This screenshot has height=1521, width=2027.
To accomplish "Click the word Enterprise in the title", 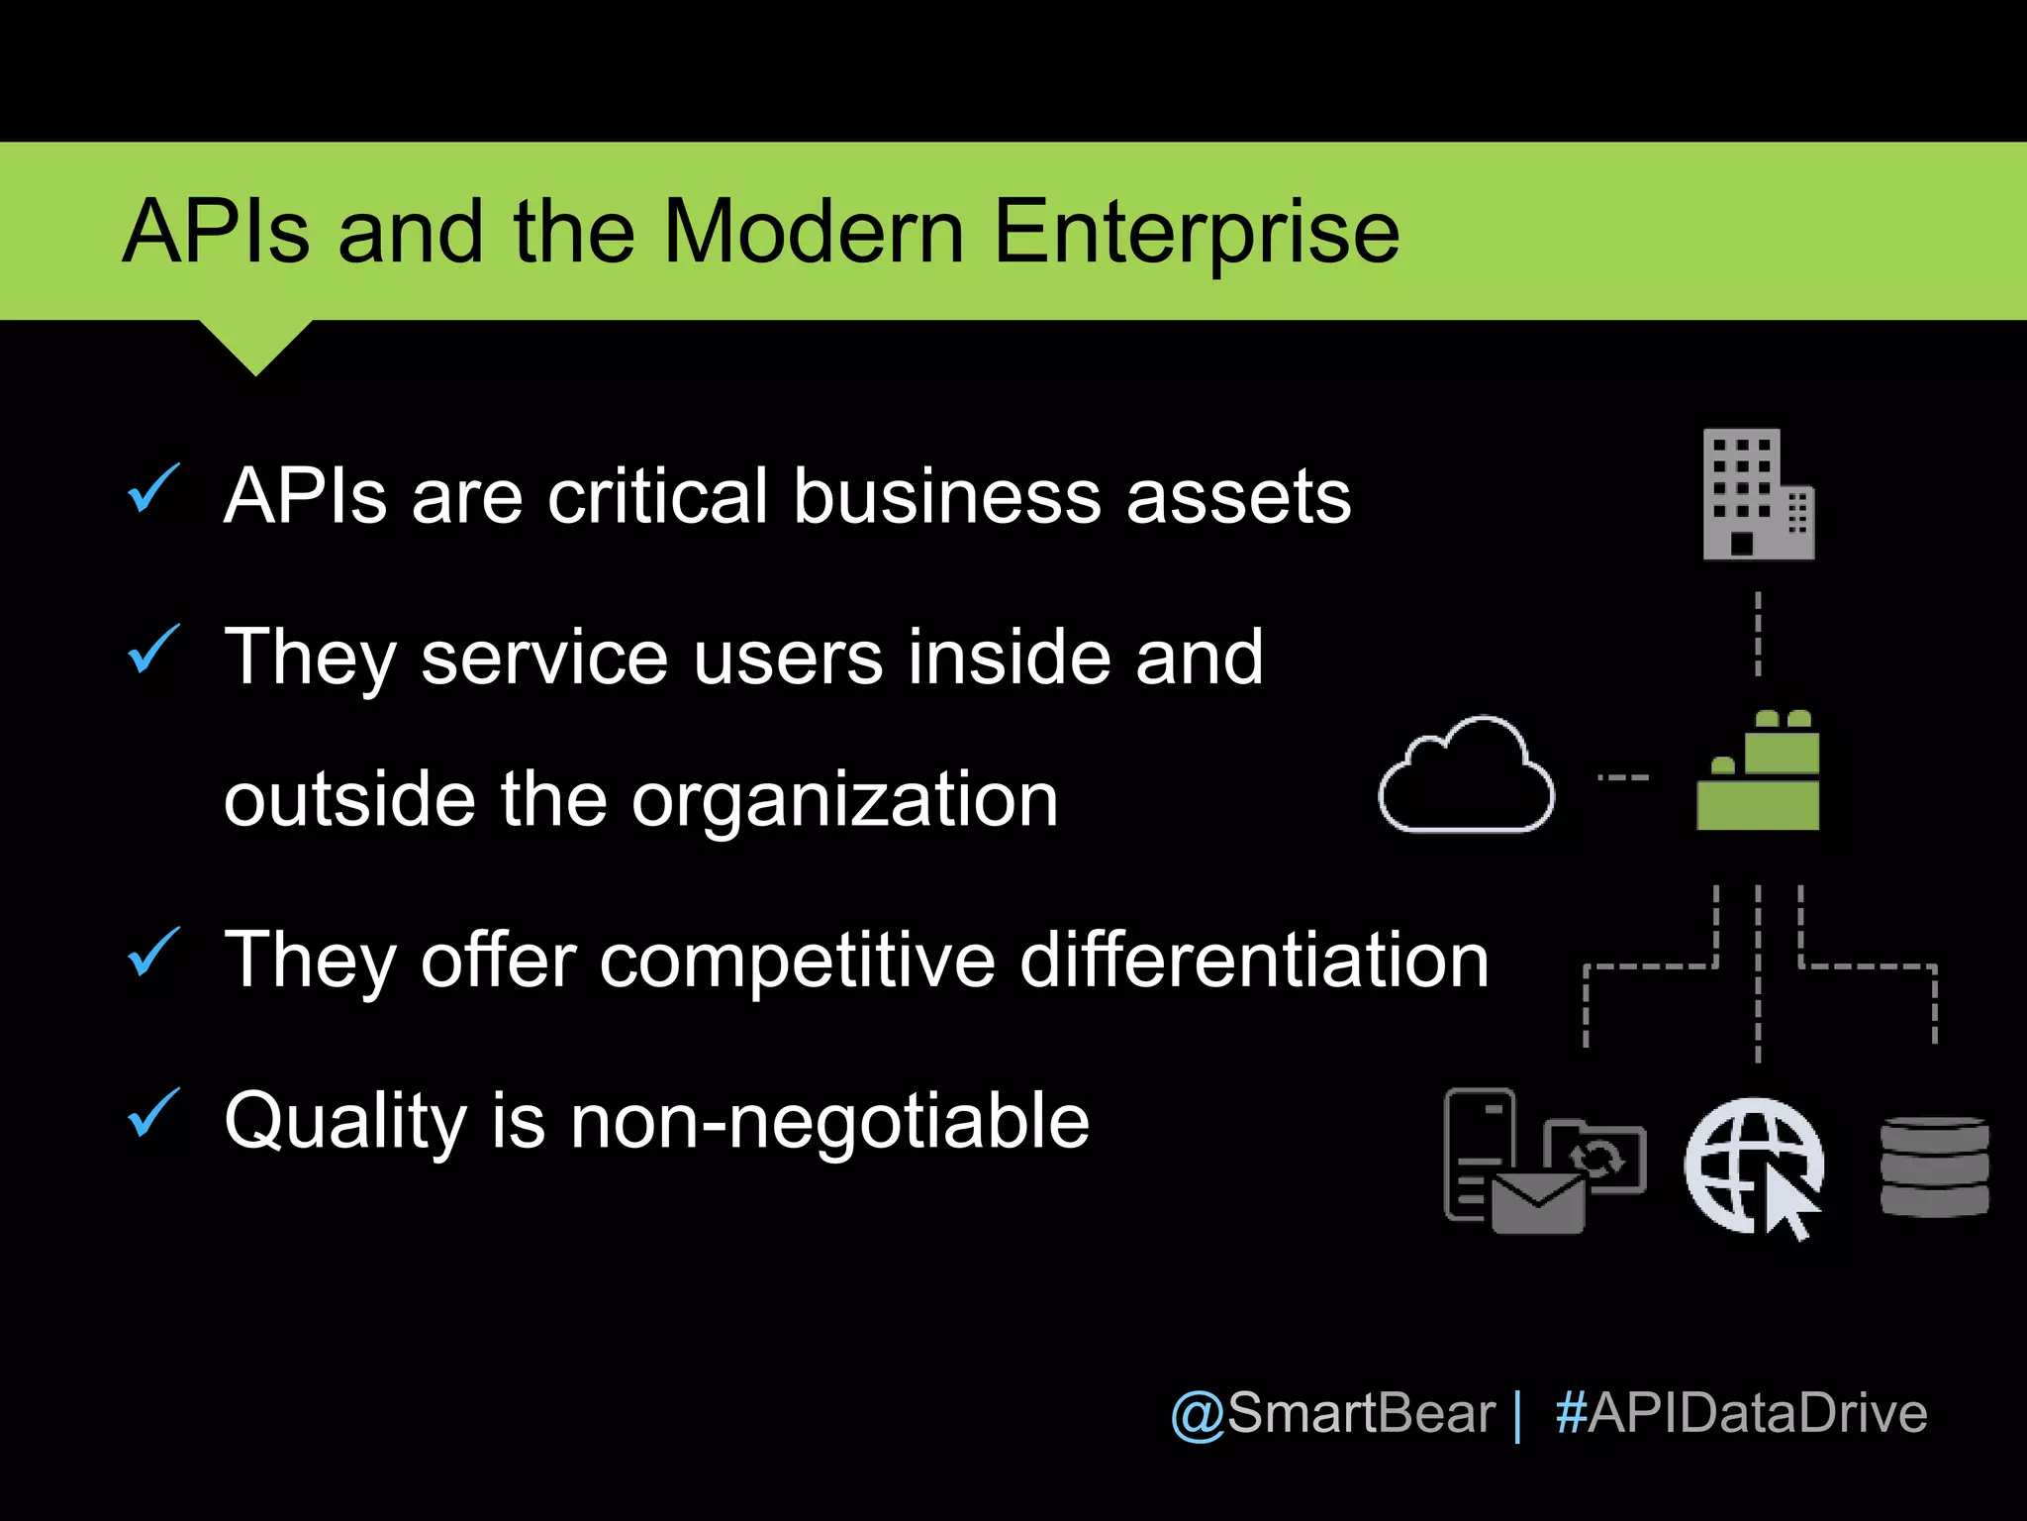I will pyautogui.click(x=1196, y=234).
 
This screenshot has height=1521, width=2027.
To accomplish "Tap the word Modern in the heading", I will pyautogui.click(x=813, y=232).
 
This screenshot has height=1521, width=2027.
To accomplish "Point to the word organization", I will pyautogui.click(x=844, y=799).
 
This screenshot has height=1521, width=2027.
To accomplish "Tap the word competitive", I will pyautogui.click(x=797, y=960).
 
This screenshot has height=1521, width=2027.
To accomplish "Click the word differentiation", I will pyautogui.click(x=1254, y=960).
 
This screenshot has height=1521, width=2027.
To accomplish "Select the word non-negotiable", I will pyautogui.click(x=829, y=1121).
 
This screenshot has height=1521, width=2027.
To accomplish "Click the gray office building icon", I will pyautogui.click(x=1757, y=495).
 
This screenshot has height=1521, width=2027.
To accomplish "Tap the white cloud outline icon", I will pyautogui.click(x=1466, y=775).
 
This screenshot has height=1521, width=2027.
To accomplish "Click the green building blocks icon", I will pyautogui.click(x=1758, y=772).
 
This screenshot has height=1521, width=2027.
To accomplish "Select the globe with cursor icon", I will pyautogui.click(x=1754, y=1166).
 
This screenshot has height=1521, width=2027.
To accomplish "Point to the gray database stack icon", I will pyautogui.click(x=1934, y=1166).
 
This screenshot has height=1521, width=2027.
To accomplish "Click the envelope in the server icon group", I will pyautogui.click(x=1537, y=1202).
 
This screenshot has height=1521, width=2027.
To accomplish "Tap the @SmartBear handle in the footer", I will pyautogui.click(x=1332, y=1413).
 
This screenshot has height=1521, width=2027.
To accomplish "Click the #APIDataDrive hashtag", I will pyautogui.click(x=1741, y=1413).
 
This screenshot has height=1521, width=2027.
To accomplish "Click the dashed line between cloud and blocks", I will pyautogui.click(x=1623, y=777).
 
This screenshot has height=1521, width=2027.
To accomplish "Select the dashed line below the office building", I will pyautogui.click(x=1758, y=634).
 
